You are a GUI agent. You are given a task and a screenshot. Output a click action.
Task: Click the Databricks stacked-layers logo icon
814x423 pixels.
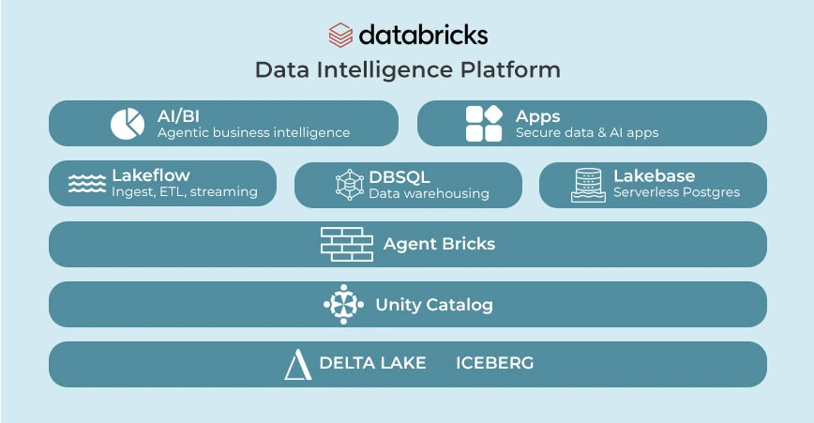tap(339, 35)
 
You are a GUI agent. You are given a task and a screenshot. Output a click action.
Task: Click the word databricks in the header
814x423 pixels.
tap(423, 35)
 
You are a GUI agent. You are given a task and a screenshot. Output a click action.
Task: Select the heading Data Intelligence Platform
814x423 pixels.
tap(407, 70)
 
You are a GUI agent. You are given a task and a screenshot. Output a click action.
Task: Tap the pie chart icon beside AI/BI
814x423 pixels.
tap(128, 124)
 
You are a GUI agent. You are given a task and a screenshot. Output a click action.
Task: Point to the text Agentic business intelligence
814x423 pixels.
tap(253, 133)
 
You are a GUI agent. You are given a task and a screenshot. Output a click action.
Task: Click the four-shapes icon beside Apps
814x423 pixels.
tap(484, 124)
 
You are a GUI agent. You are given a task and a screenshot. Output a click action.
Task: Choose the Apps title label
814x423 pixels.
tap(537, 116)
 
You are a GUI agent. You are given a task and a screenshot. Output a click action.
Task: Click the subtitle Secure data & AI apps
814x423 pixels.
tap(587, 133)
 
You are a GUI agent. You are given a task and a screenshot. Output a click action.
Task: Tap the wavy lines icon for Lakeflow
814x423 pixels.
tap(87, 184)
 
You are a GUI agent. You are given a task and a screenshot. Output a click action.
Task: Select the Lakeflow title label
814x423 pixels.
tap(150, 175)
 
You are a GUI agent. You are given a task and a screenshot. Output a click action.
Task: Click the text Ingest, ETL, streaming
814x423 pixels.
tap(184, 192)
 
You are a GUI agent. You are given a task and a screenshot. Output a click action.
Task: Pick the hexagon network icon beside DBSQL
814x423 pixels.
tap(349, 184)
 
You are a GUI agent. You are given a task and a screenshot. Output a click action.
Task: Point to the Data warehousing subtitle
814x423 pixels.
tap(429, 193)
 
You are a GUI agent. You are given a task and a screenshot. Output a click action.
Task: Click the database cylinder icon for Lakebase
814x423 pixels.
tap(588, 185)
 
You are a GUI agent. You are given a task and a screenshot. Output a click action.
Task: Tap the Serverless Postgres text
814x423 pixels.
tap(676, 192)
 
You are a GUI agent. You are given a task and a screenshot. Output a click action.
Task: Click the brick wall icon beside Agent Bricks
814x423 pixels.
tap(346, 244)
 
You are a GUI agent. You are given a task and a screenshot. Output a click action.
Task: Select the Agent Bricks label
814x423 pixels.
tap(439, 244)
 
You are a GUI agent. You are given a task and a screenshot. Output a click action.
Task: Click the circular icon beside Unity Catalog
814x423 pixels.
tap(343, 304)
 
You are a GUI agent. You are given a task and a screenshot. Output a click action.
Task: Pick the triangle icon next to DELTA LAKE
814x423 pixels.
tap(297, 364)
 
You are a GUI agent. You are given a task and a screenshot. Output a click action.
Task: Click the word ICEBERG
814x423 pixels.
tap(494, 363)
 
